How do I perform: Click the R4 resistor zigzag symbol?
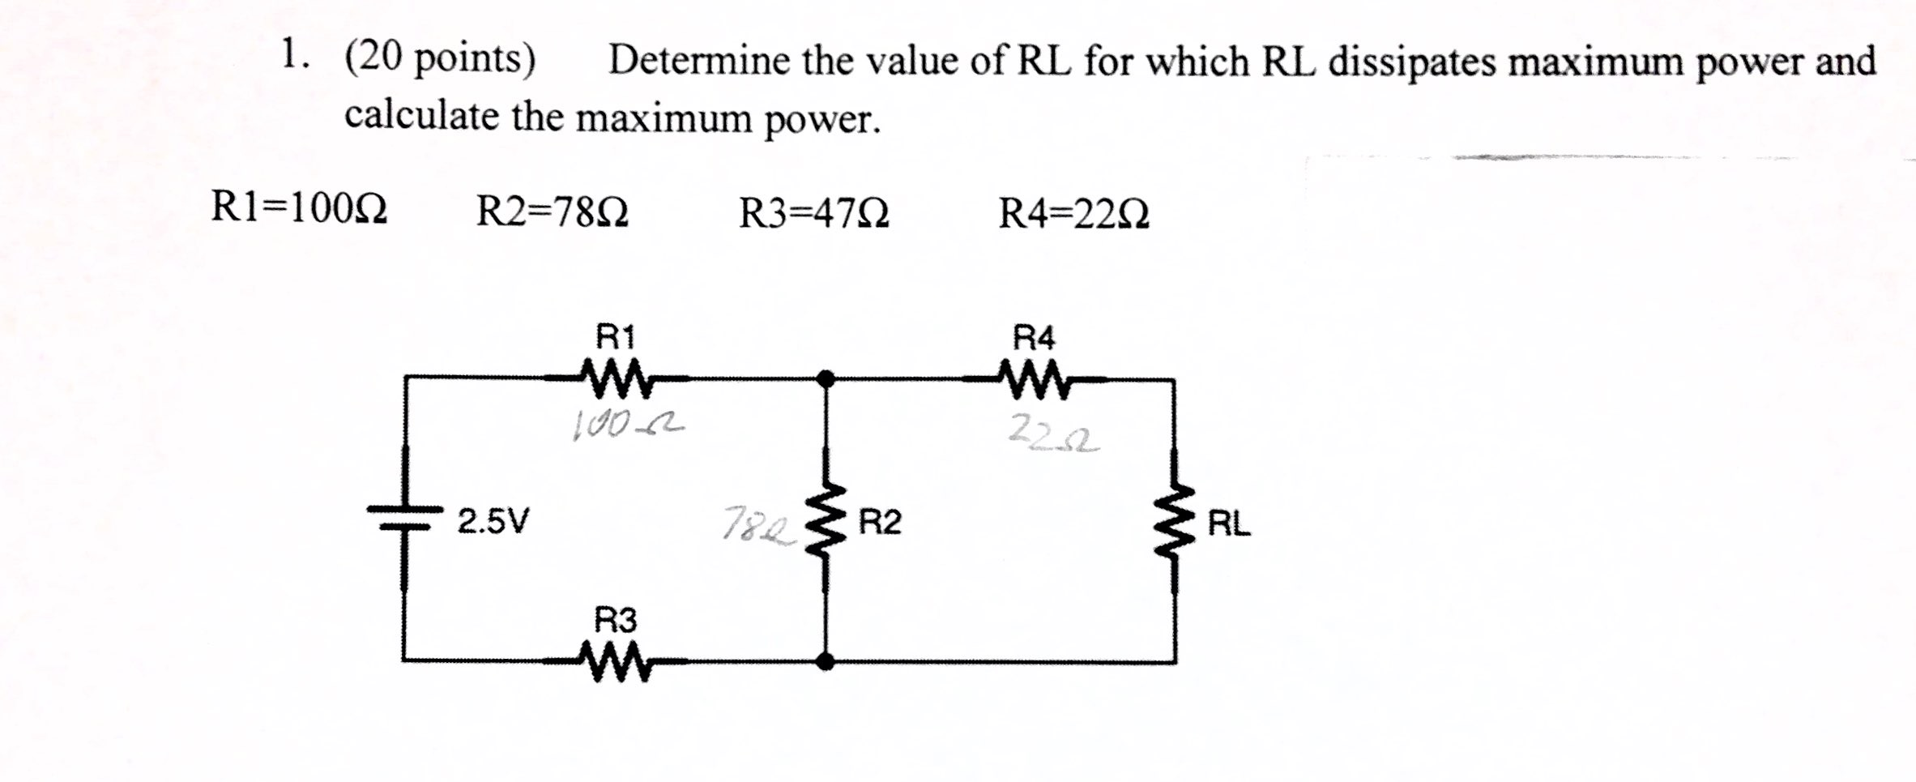point(1035,379)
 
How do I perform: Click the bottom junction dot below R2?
point(825,663)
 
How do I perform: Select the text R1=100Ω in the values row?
point(299,208)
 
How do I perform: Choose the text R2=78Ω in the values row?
point(552,212)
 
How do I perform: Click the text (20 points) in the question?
point(440,60)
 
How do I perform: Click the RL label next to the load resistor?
point(1229,525)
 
